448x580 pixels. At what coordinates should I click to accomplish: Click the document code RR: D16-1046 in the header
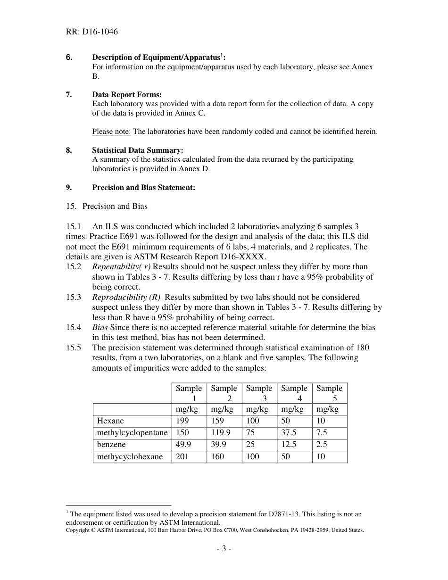[92, 32]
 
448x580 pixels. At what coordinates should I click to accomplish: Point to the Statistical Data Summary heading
[137, 150]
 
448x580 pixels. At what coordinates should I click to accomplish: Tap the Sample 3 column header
[259, 393]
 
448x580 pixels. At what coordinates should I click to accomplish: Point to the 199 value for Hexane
[182, 421]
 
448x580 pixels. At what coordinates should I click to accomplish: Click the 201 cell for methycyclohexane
[182, 457]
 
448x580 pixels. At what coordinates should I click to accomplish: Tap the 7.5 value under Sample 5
[322, 433]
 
